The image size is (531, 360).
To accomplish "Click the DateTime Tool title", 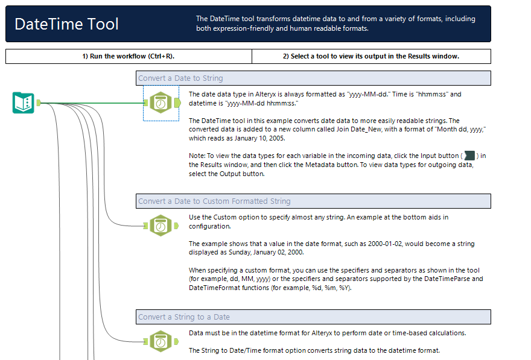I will point(67,24).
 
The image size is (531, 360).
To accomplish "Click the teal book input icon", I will point(23,103).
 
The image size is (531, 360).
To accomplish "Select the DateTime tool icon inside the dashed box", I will point(161,103).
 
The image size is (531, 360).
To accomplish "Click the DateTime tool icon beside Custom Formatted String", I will point(161,226).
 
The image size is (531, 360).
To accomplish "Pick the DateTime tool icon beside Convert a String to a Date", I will point(161,341).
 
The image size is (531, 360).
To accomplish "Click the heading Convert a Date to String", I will point(180,78).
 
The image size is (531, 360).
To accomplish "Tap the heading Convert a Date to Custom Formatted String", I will point(214,201).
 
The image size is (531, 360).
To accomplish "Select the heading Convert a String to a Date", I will point(184,317).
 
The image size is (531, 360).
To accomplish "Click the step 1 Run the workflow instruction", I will point(129,56).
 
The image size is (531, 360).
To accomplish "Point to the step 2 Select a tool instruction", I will point(371,56).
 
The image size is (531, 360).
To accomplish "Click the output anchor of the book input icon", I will point(38,103).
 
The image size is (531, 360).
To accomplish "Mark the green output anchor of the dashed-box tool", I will point(177,103).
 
